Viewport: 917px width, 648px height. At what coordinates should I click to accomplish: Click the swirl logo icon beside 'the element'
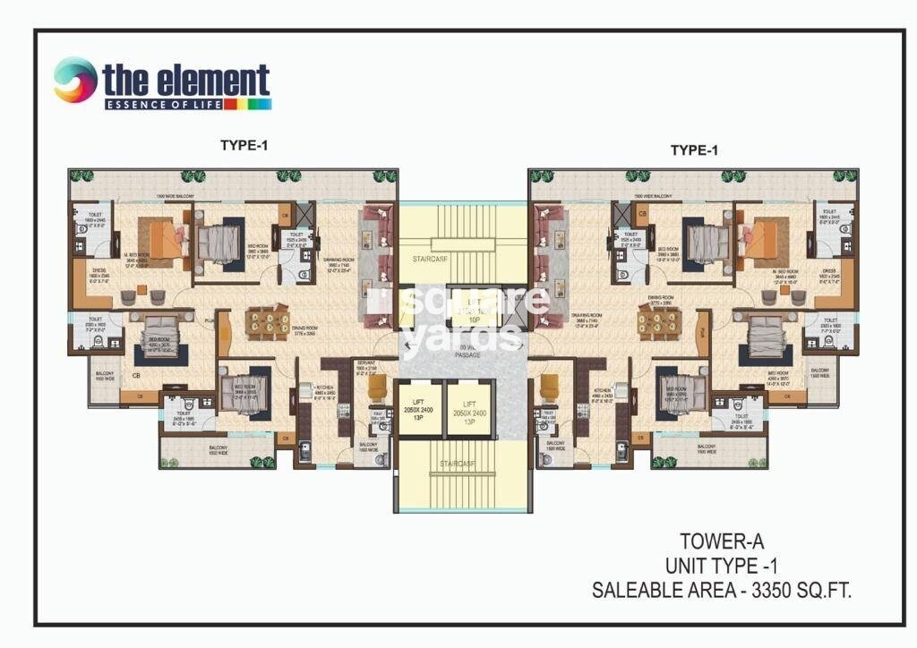(x=75, y=80)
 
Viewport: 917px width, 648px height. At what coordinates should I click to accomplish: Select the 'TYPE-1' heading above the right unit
(x=694, y=150)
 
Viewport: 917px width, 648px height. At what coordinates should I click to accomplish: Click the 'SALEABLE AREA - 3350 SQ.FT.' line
(x=722, y=590)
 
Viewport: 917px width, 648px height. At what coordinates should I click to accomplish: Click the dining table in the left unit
(x=267, y=322)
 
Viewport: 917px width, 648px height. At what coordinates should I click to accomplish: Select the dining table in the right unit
(x=659, y=322)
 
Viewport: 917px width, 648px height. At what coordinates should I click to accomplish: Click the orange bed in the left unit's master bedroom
(x=166, y=240)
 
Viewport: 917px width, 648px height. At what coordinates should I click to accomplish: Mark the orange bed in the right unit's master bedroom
(x=759, y=239)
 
